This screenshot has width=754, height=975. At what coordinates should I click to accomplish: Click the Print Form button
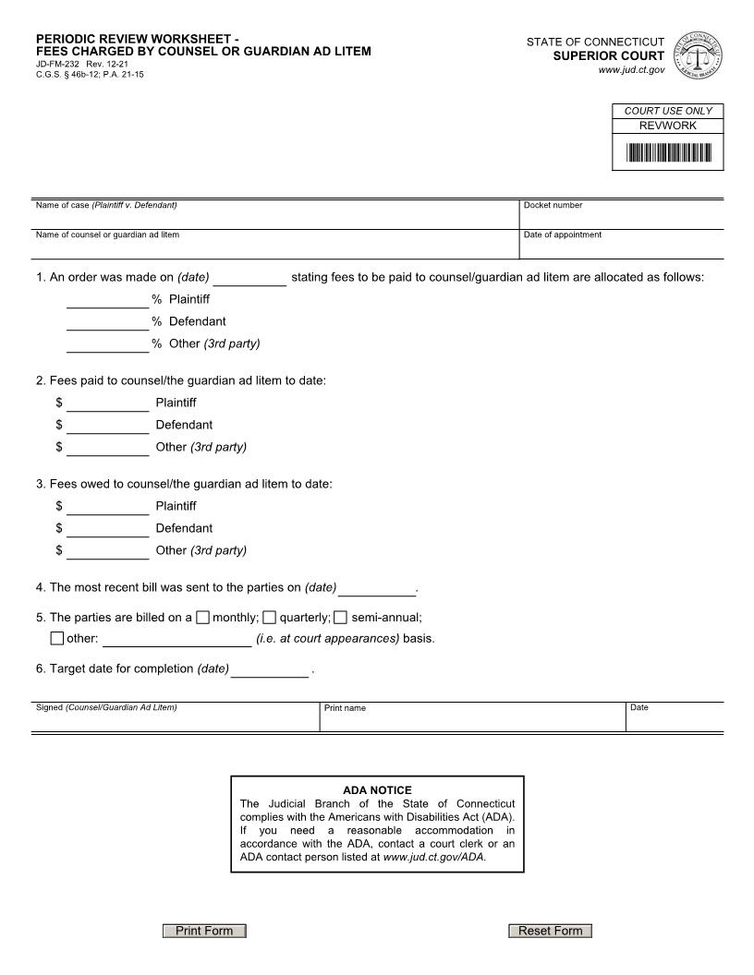204,931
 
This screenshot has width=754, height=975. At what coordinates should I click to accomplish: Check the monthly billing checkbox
203,617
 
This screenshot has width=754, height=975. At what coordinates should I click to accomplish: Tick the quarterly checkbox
269,617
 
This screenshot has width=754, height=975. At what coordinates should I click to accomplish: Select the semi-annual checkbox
340,617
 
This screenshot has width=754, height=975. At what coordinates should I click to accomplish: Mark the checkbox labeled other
57,638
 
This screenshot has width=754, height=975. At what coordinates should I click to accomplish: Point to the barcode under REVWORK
668,152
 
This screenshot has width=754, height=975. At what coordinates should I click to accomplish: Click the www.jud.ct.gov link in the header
630,70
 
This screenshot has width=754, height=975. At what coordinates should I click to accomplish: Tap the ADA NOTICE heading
377,790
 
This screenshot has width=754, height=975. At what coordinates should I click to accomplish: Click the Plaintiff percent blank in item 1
107,299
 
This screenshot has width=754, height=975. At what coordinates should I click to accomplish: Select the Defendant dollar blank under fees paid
107,425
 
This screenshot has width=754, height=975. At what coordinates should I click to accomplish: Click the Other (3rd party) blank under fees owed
107,550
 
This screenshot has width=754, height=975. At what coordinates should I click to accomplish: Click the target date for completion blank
270,669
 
